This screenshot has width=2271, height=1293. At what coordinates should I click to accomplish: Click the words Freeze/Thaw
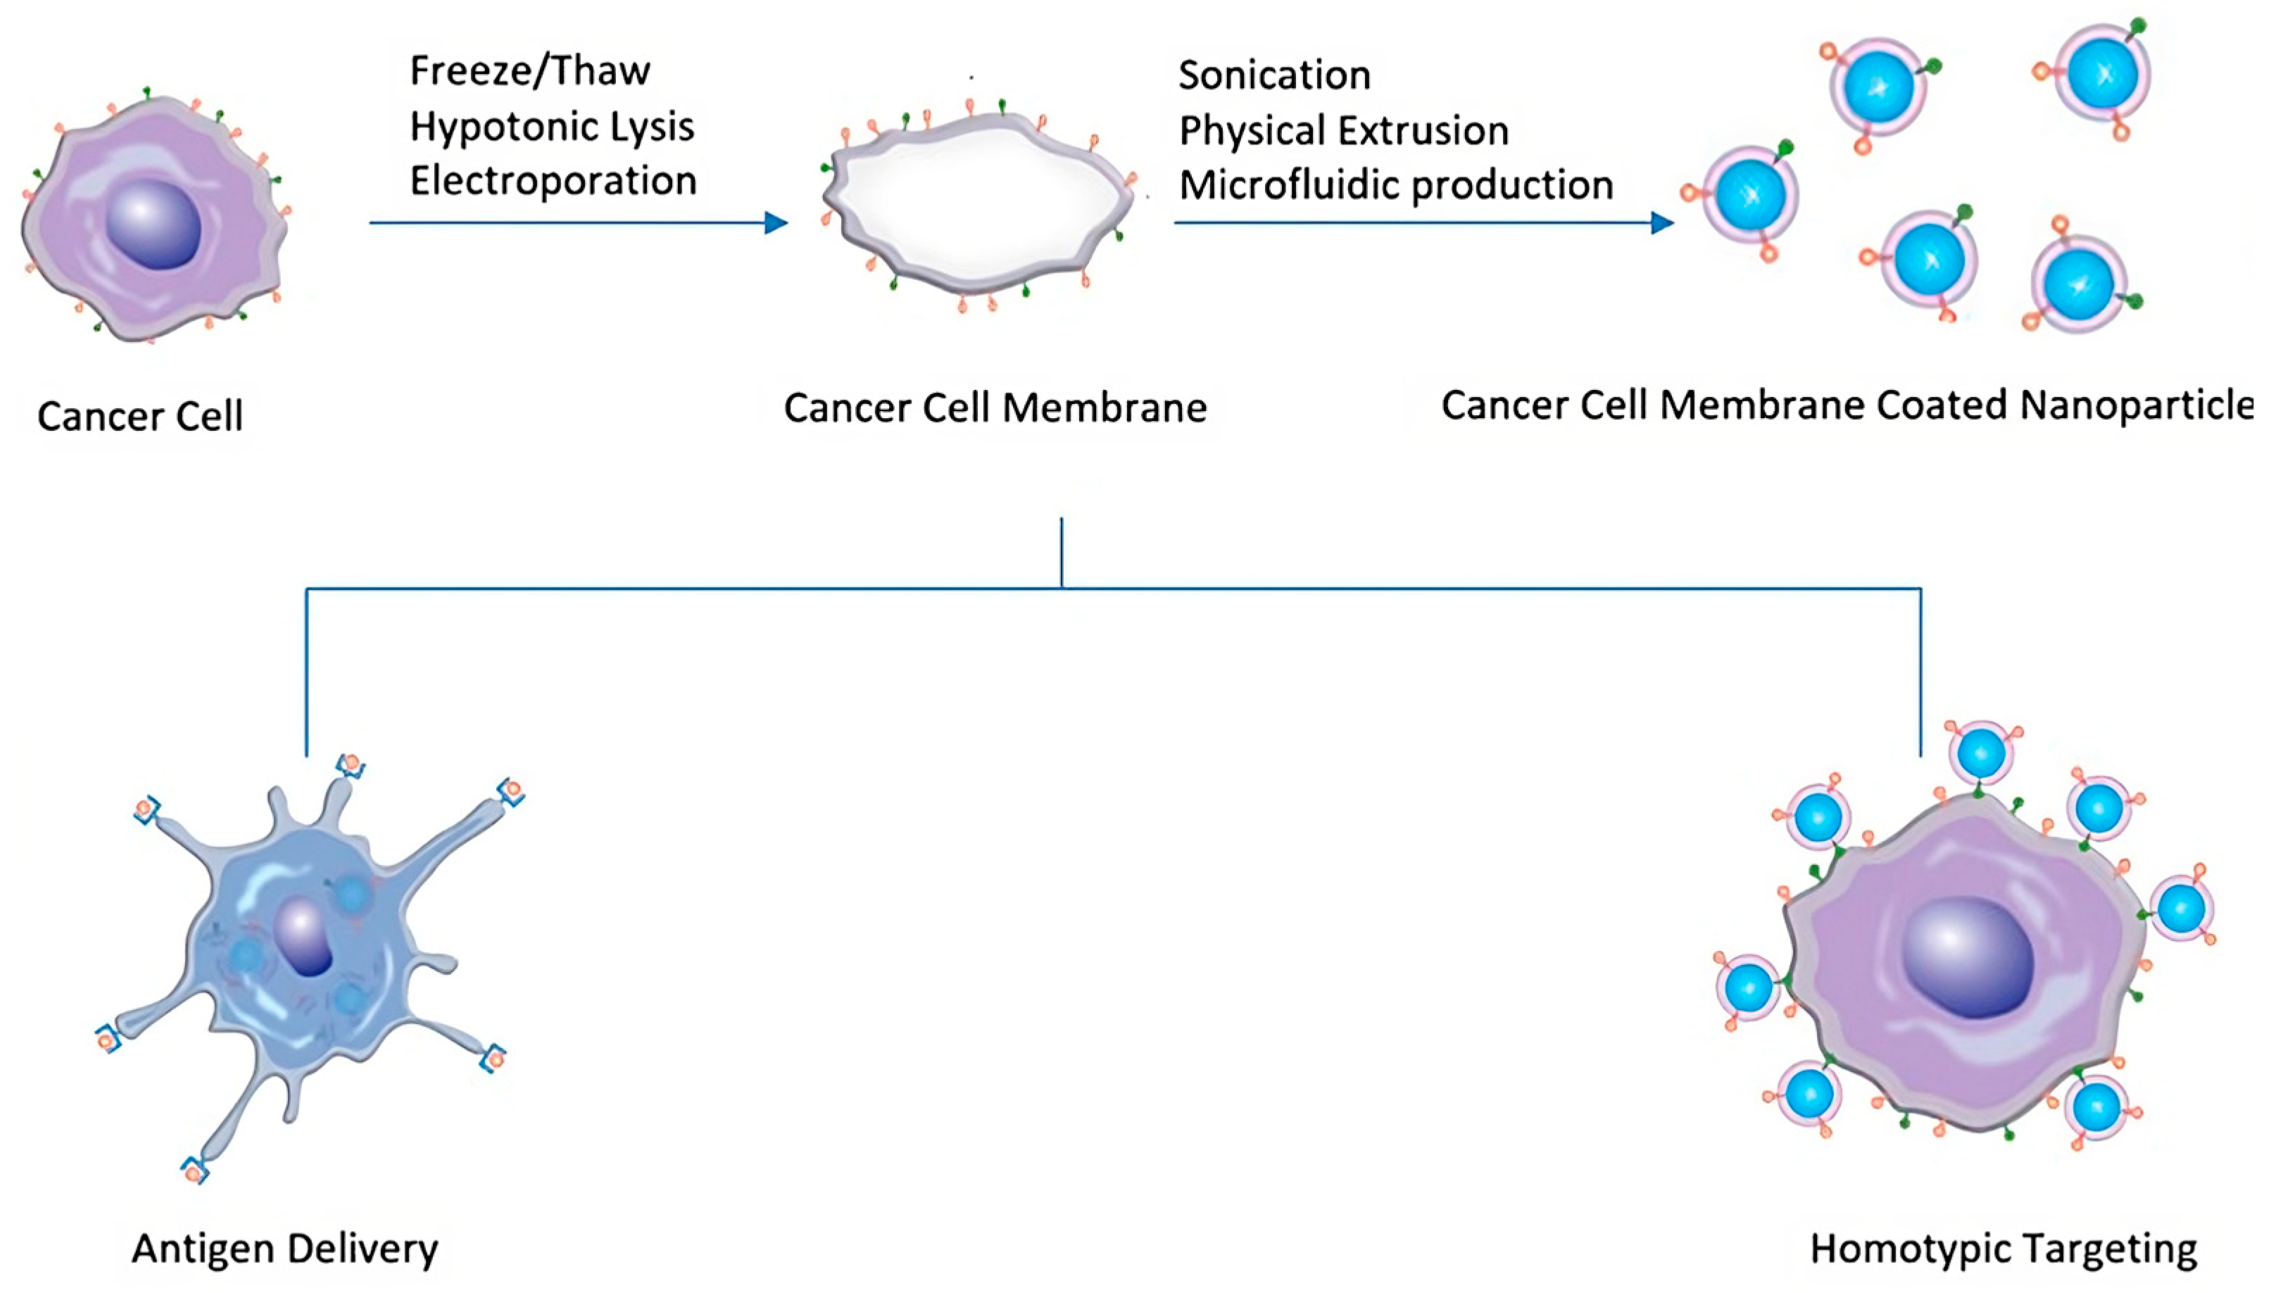click(529, 71)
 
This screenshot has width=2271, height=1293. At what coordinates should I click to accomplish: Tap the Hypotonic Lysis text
click(551, 127)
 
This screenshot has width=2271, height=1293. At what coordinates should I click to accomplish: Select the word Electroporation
click(553, 181)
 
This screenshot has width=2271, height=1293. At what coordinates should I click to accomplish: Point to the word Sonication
click(1273, 75)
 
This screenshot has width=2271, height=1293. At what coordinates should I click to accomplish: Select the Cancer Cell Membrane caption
click(995, 408)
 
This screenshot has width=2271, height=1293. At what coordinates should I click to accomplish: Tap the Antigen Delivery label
click(284, 1249)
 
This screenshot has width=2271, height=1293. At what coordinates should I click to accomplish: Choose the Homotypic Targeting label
click(2003, 1249)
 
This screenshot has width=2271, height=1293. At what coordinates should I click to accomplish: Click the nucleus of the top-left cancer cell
click(153, 223)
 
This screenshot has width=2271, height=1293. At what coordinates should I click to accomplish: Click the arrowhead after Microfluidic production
click(1662, 223)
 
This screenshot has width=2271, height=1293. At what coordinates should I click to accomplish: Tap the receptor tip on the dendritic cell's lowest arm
click(194, 1172)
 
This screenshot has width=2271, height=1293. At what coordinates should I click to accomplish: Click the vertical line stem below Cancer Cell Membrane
click(1062, 553)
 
